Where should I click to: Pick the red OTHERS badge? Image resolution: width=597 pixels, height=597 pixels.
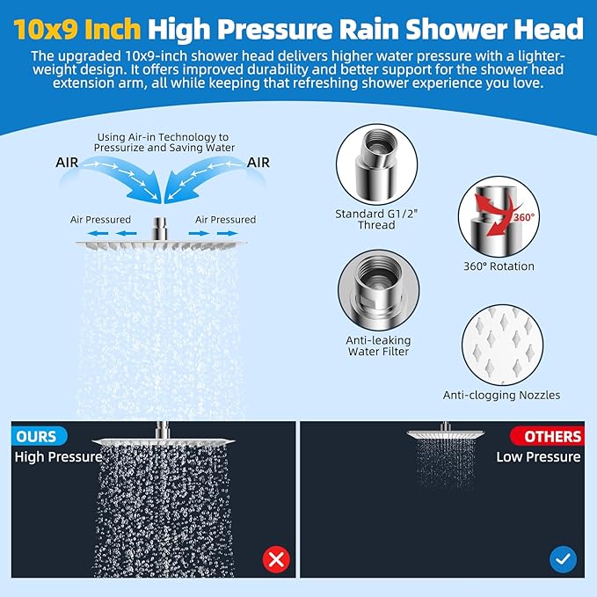[547, 436]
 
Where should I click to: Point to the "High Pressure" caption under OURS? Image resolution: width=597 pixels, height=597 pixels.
[58, 456]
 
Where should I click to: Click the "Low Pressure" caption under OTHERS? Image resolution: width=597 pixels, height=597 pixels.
[538, 456]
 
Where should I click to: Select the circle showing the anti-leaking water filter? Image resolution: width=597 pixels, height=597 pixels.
[378, 289]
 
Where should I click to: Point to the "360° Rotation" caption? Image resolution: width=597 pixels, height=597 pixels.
[499, 266]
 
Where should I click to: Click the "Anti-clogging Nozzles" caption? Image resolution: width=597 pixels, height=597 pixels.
[501, 396]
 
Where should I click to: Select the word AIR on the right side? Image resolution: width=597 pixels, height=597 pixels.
[258, 163]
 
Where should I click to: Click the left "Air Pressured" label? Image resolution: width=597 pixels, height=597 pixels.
[100, 219]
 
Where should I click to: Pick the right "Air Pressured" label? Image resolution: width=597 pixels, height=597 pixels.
[226, 219]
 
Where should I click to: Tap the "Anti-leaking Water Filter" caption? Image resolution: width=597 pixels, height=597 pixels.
[378, 346]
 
